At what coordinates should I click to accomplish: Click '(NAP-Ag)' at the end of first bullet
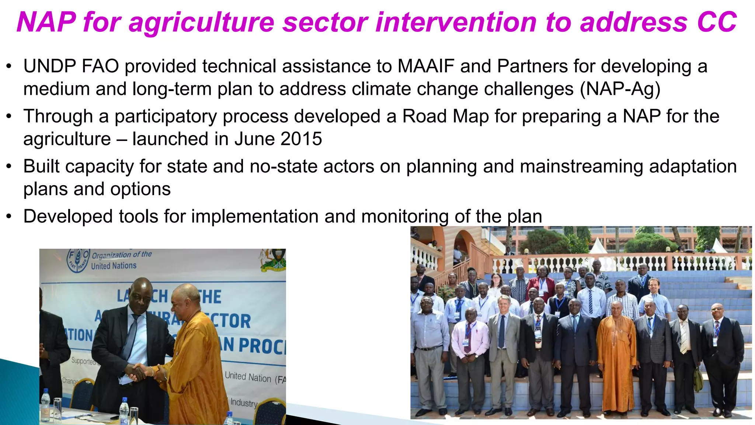620,89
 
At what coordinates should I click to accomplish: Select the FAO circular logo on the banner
78,260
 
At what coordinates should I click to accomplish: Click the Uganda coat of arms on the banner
273,260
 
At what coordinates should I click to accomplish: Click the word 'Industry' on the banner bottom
244,402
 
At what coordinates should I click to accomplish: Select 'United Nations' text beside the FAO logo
114,266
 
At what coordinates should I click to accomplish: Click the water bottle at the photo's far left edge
45,406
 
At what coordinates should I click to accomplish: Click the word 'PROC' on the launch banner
262,346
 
